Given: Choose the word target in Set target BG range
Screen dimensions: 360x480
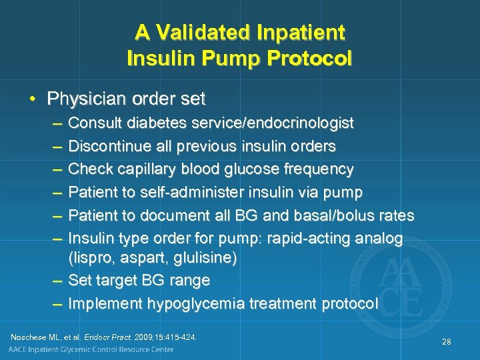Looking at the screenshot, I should pyautogui.click(x=118, y=280).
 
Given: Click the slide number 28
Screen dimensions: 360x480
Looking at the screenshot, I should pyautogui.click(x=446, y=341).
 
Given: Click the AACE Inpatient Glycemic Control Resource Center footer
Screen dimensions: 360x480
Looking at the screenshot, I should pyautogui.click(x=91, y=350).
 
